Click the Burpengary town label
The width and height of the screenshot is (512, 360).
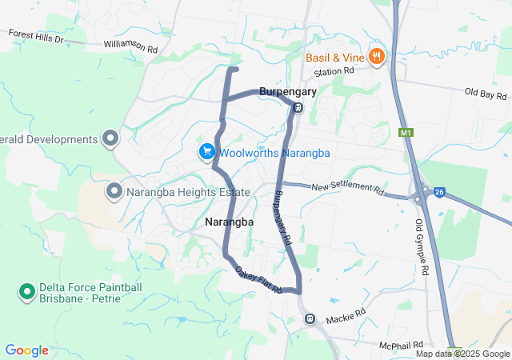click(x=287, y=92)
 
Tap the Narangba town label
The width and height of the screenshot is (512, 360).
click(x=229, y=222)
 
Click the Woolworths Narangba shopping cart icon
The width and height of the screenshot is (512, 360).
click(x=206, y=151)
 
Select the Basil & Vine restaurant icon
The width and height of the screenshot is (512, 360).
click(x=376, y=56)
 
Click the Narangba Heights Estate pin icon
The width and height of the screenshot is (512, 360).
click(x=114, y=191)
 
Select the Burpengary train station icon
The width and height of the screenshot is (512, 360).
click(x=297, y=108)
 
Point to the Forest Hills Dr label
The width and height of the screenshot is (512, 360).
click(x=35, y=35)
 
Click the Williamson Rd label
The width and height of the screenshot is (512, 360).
click(x=130, y=46)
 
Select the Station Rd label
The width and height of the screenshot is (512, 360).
click(x=334, y=72)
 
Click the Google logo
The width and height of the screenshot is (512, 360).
click(x=27, y=350)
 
